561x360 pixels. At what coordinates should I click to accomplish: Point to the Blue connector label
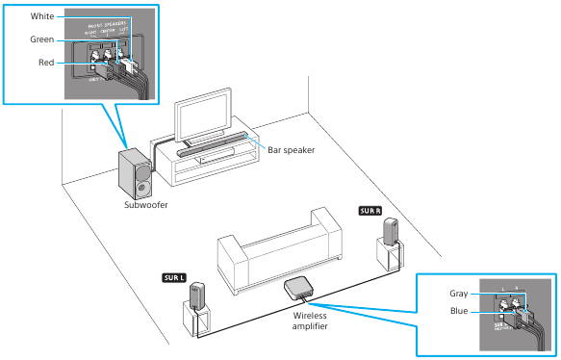click(459, 310)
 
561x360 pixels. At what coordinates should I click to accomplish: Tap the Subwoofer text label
click(149, 205)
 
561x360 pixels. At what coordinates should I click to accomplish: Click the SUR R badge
click(371, 210)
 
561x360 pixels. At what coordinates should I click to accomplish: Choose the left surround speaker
click(197, 294)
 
